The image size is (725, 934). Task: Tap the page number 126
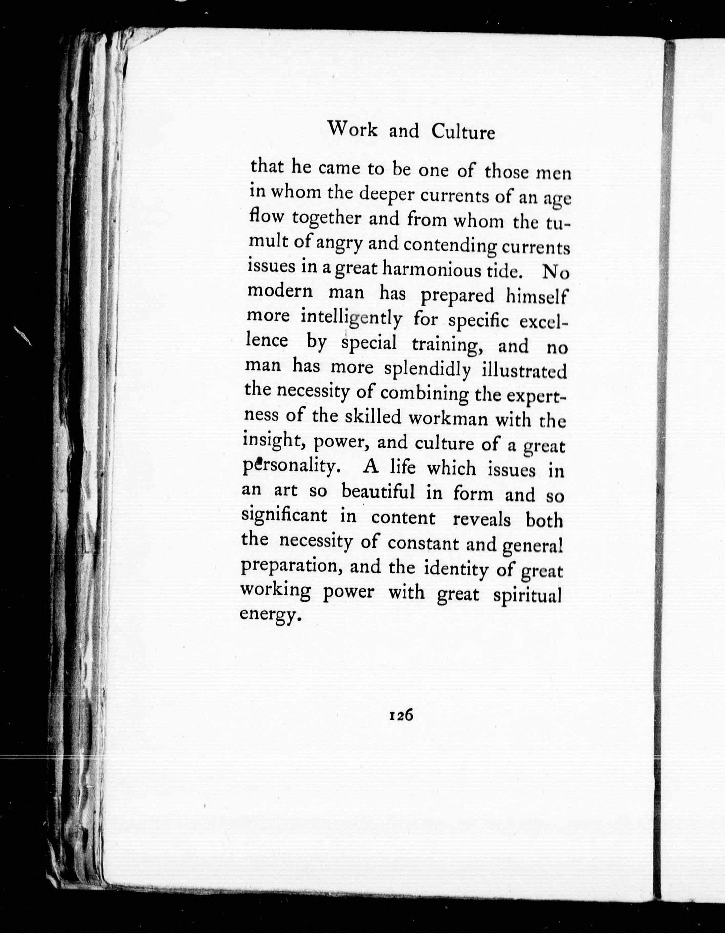[401, 715]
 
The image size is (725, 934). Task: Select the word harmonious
[439, 270]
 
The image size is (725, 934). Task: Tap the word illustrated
[524, 371]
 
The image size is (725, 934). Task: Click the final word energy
[267, 615]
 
